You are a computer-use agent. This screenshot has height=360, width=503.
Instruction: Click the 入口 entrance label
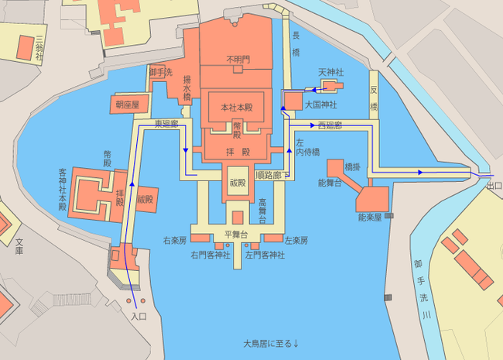pyautogui.click(x=139, y=317)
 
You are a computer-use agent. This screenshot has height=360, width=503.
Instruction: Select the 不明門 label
pyautogui.click(x=238, y=59)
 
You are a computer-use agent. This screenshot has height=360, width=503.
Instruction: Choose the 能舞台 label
pyautogui.click(x=330, y=183)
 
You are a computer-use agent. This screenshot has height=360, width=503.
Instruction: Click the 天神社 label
pyautogui.click(x=330, y=72)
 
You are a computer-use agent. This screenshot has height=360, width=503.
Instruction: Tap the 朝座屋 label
pyautogui.click(x=127, y=104)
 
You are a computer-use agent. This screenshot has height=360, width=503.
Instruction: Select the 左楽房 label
pyautogui.click(x=296, y=241)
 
